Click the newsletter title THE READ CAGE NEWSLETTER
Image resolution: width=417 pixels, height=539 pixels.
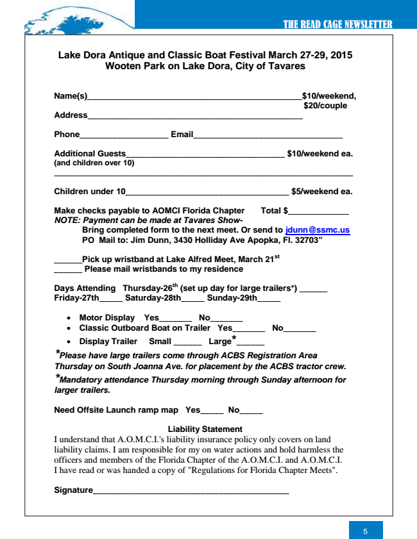click(x=337, y=24)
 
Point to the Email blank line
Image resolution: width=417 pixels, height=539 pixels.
click(x=268, y=136)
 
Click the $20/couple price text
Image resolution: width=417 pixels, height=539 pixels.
click(x=325, y=106)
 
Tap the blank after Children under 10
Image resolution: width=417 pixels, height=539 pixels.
click(x=207, y=192)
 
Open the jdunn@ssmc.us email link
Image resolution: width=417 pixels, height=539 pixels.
click(x=318, y=230)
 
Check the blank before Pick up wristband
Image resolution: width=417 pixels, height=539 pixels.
click(x=67, y=260)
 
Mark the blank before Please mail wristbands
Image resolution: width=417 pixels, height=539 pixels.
click(x=67, y=270)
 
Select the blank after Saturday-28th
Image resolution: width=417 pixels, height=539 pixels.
click(x=193, y=299)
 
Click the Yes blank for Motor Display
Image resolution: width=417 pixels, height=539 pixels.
click(x=175, y=319)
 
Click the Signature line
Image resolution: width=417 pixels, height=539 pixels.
click(x=191, y=492)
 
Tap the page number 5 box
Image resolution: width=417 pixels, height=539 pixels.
click(x=366, y=531)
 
